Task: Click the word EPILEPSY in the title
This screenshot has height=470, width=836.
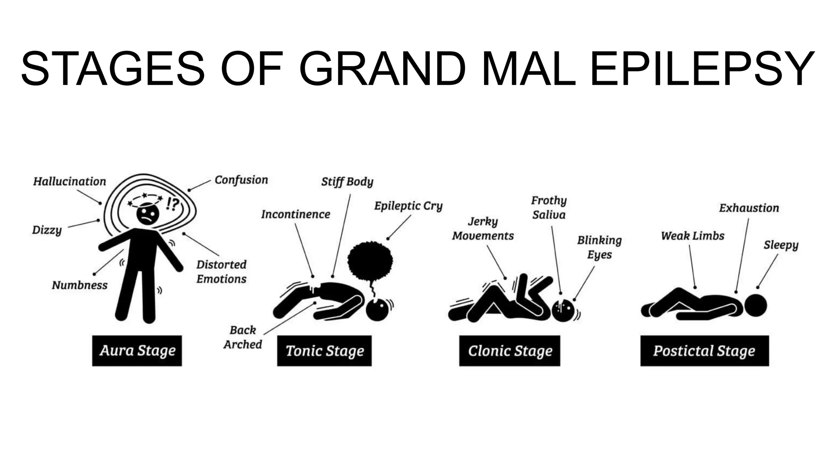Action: (703, 68)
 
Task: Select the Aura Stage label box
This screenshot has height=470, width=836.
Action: (137, 350)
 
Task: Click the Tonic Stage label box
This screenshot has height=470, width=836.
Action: (324, 350)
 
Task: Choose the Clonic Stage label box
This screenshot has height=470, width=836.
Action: (509, 350)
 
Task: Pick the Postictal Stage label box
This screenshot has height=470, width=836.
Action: (704, 350)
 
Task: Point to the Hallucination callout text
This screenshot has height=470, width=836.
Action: (69, 181)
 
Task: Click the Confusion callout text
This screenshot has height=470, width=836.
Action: (241, 180)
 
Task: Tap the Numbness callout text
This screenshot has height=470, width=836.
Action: (80, 285)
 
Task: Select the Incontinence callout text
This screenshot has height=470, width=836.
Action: (296, 214)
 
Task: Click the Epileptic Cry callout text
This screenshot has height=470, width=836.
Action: (408, 206)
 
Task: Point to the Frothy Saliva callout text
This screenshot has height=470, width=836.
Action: (549, 208)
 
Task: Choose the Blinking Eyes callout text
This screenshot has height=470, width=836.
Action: (599, 247)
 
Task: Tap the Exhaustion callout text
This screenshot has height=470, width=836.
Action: (749, 208)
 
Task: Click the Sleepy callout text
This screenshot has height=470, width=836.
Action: (781, 245)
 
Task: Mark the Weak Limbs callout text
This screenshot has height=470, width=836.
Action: (693, 236)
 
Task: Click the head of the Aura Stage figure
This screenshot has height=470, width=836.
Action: (148, 214)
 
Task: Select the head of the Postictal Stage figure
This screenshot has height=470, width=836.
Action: (756, 305)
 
